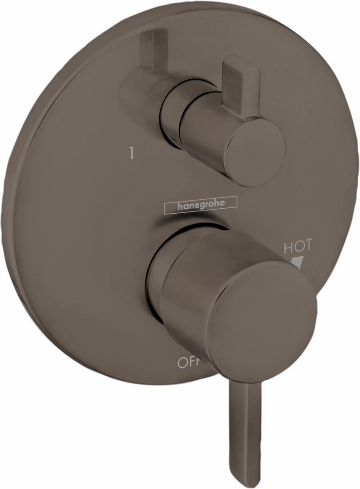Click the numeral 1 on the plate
131,154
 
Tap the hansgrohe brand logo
200,205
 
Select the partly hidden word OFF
189,362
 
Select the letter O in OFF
182,363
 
